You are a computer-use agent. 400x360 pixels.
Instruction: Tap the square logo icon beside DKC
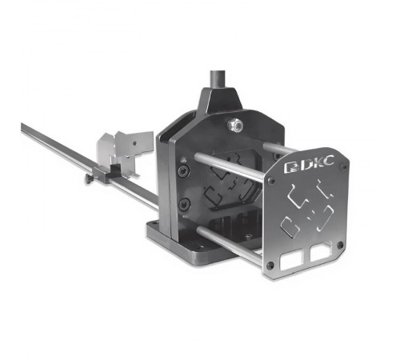[291, 167]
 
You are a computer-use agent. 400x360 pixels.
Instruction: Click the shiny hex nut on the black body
[235, 124]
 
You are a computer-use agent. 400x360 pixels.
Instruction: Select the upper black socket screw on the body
[184, 170]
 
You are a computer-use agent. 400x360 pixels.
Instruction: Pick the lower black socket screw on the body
[185, 204]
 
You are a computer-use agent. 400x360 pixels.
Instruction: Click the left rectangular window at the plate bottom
[291, 259]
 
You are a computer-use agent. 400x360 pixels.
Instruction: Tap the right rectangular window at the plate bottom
[321, 252]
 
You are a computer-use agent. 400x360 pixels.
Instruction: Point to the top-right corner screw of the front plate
[344, 167]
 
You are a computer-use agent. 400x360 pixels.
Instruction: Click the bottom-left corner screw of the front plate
[270, 265]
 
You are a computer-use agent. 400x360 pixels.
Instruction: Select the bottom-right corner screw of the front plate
[340, 245]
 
